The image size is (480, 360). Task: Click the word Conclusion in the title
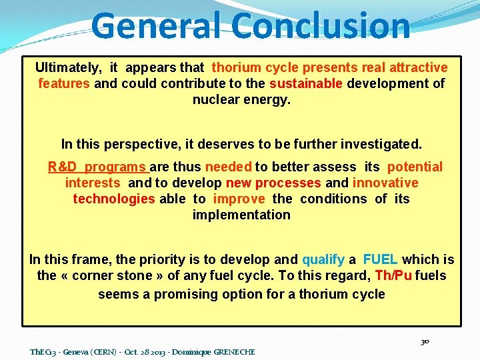pyautogui.click(x=322, y=25)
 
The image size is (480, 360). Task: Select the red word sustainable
pyautogui.click(x=306, y=83)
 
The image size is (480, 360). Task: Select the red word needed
pyautogui.click(x=228, y=167)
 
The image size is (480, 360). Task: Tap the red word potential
pyautogui.click(x=414, y=167)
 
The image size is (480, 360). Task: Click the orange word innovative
pyautogui.click(x=385, y=183)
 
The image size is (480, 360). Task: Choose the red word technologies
pyautogui.click(x=113, y=199)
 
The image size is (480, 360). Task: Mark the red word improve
pyautogui.click(x=239, y=199)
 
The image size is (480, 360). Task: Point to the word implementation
pyautogui.click(x=241, y=215)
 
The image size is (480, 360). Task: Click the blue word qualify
pyautogui.click(x=323, y=259)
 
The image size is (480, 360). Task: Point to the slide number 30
pyautogui.click(x=425, y=341)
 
